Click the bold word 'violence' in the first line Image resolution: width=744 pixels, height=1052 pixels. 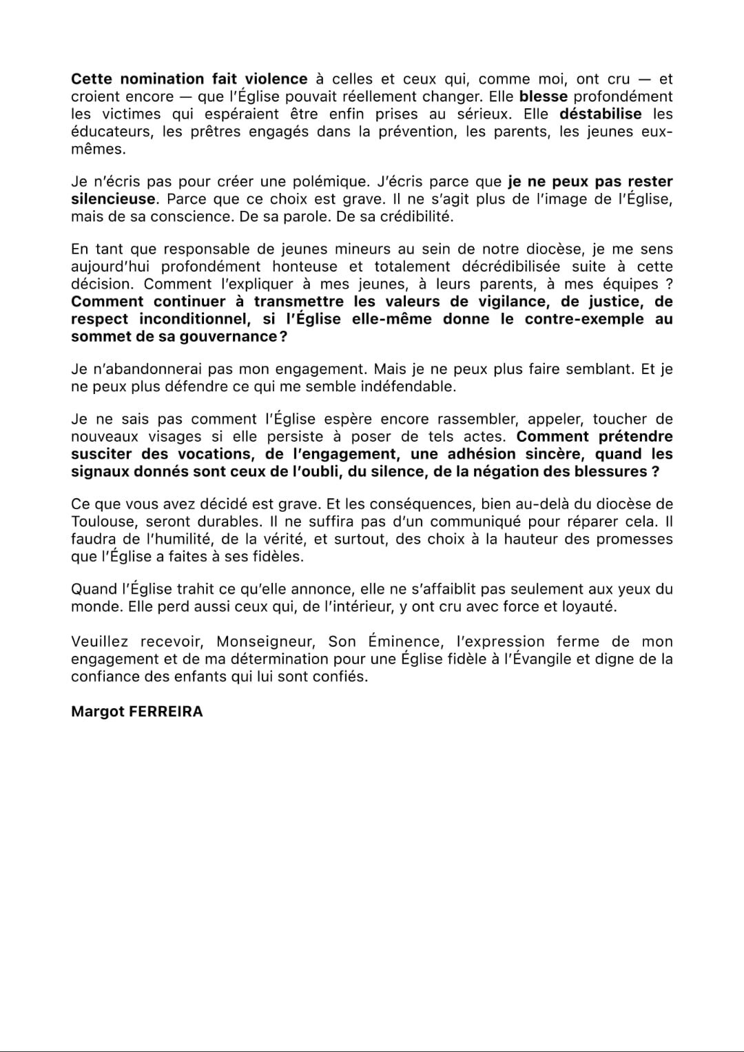[276, 79]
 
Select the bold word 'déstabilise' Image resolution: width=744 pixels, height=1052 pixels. [600, 114]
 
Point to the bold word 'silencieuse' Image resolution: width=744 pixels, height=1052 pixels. [113, 199]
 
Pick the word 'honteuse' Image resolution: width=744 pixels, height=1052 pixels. [304, 267]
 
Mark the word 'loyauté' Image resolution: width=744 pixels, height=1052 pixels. [590, 607]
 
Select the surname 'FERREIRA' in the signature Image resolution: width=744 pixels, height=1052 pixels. [166, 712]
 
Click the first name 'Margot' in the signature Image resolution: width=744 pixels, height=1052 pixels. [98, 712]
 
